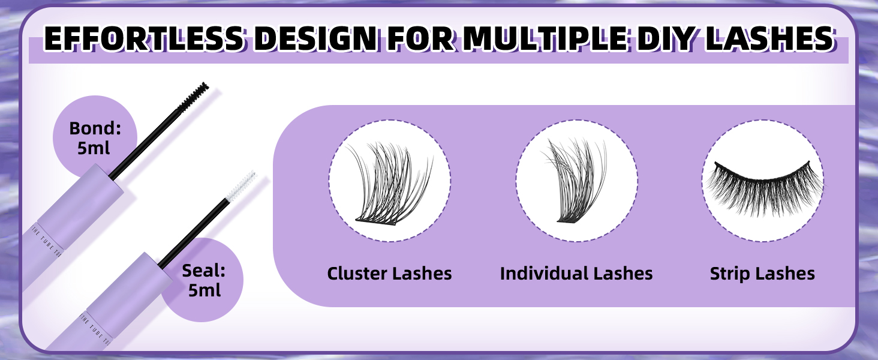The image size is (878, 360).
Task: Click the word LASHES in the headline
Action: [x=783, y=39]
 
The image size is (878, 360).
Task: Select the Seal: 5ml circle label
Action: [x=203, y=280]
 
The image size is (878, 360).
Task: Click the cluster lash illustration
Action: [x=389, y=181]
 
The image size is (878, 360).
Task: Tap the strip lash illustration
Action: [x=762, y=181]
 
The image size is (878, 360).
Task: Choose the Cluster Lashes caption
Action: [x=389, y=274]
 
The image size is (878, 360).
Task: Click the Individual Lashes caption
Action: [x=576, y=274]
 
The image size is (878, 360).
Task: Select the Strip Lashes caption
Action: [x=762, y=274]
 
